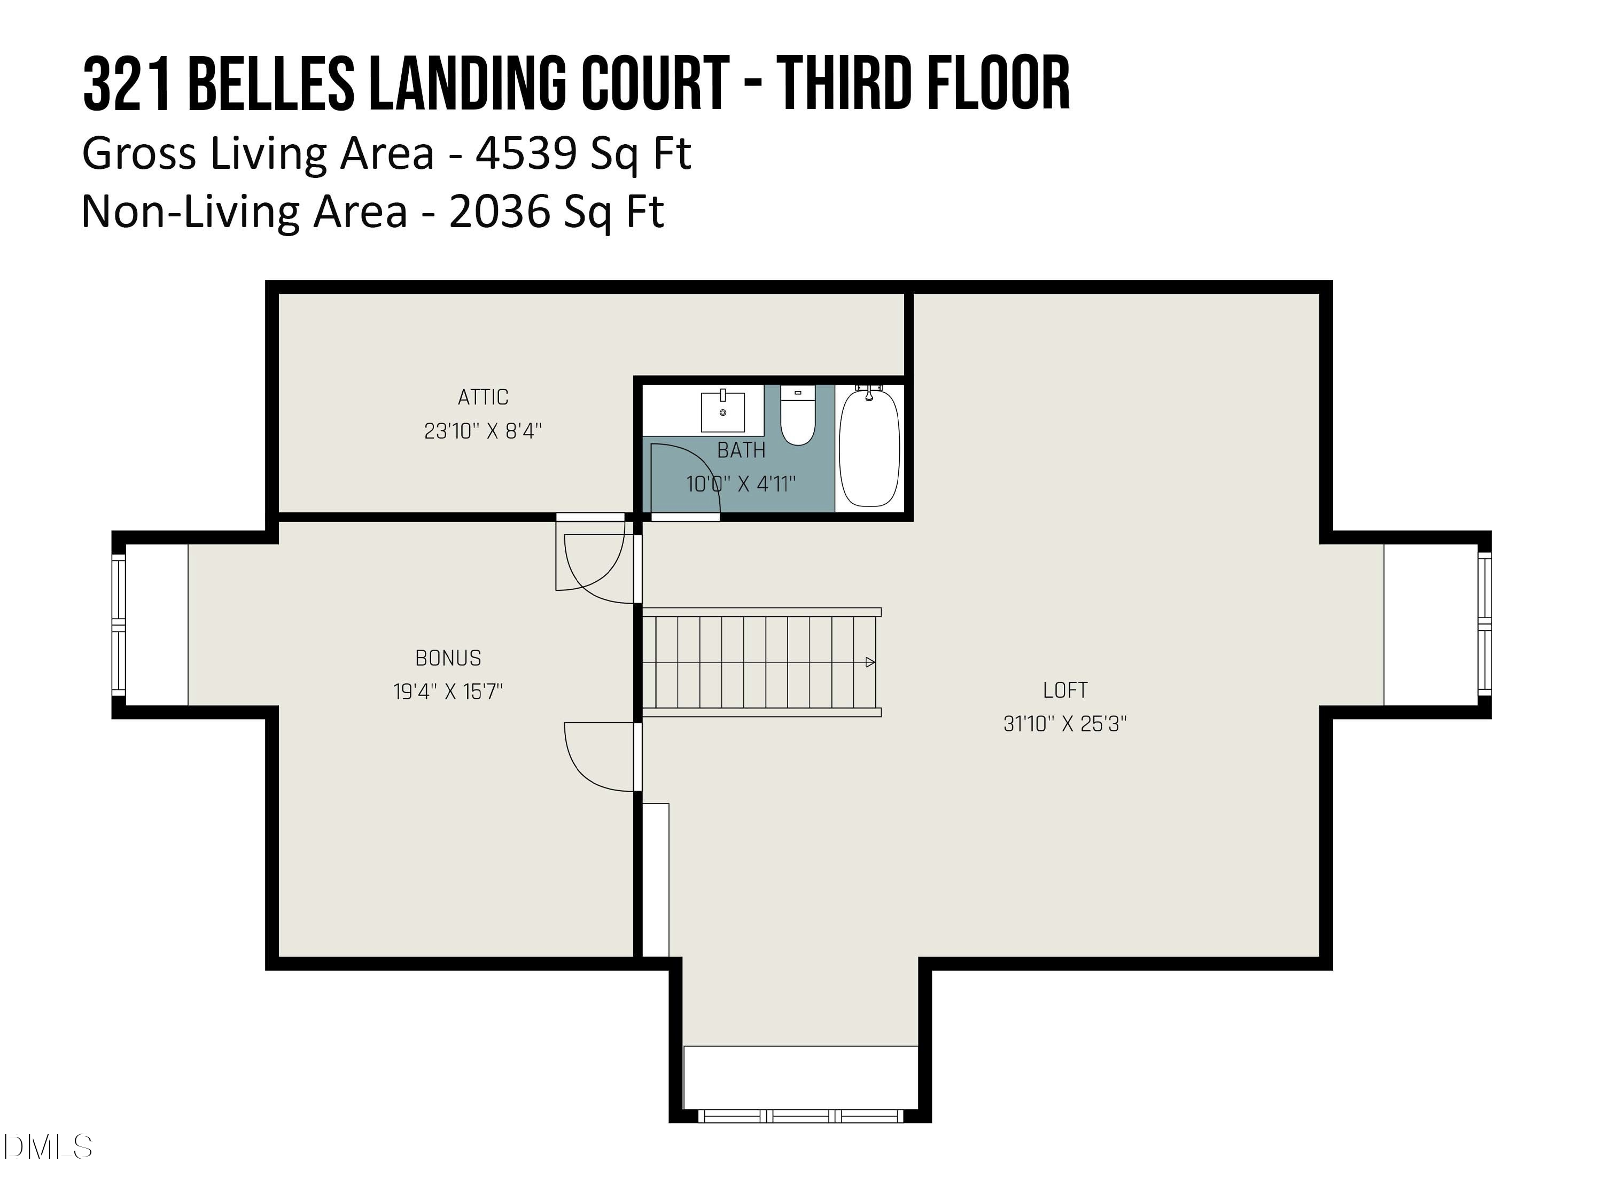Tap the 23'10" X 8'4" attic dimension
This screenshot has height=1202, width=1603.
tap(483, 432)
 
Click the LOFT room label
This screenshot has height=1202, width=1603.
tap(1064, 690)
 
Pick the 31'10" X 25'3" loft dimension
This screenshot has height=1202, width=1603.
tap(1064, 724)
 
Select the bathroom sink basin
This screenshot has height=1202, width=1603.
tap(722, 411)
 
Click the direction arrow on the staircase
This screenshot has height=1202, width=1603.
tap(869, 662)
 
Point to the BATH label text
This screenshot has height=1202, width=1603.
tap(741, 451)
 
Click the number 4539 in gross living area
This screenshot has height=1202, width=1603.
tap(525, 154)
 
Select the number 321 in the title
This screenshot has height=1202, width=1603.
tap(128, 85)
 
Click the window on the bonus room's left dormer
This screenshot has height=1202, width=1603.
tap(118, 625)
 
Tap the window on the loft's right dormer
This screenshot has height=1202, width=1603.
tap(1484, 625)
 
